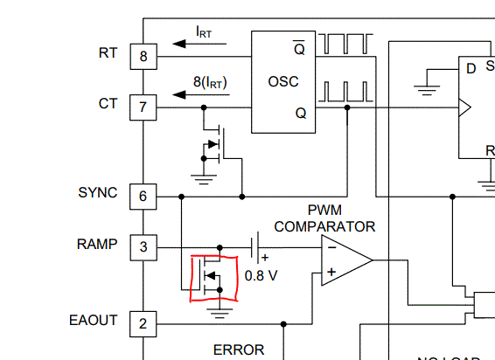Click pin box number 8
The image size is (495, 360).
click(x=143, y=57)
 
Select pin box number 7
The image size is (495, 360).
click(x=143, y=107)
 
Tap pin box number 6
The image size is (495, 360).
click(x=143, y=197)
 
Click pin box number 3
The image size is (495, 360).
click(x=143, y=247)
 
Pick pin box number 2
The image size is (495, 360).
click(x=143, y=323)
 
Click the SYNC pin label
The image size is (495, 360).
click(x=98, y=192)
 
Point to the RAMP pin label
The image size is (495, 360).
click(x=97, y=244)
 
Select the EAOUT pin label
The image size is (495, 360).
click(x=93, y=321)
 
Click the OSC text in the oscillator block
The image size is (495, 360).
click(x=283, y=82)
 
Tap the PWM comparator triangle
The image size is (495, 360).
click(x=346, y=260)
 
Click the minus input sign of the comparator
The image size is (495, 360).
click(x=331, y=247)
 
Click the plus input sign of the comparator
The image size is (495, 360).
click(x=331, y=272)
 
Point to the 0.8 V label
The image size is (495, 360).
click(x=261, y=276)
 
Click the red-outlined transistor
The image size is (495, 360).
click(x=213, y=278)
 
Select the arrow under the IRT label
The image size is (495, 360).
click(x=199, y=44)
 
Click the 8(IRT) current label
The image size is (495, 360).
click(x=210, y=82)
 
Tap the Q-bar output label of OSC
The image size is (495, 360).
click(x=300, y=48)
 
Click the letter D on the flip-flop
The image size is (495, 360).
click(x=471, y=68)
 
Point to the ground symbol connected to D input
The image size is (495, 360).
click(x=427, y=90)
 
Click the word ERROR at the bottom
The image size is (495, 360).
click(x=239, y=350)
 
